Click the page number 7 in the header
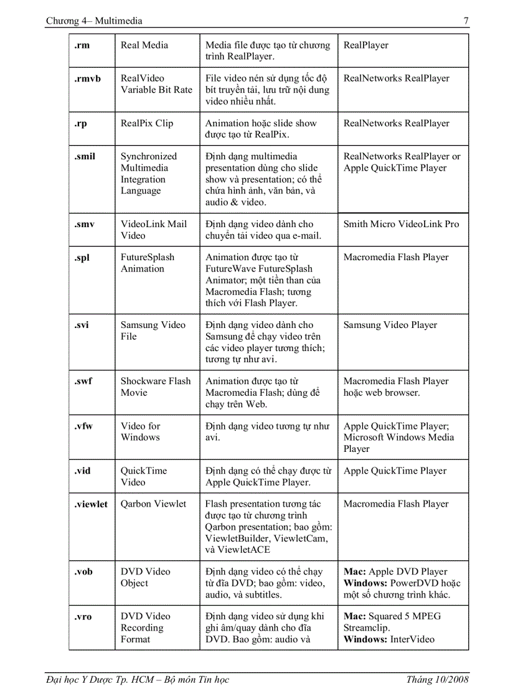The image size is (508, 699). [x=466, y=21]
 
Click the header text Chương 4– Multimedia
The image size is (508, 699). [x=94, y=21]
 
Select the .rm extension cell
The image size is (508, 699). [x=82, y=45]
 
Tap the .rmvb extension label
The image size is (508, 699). [x=87, y=78]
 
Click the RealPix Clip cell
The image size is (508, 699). [x=147, y=123]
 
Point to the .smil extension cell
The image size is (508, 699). [x=85, y=156]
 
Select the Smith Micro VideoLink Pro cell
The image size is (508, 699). [x=401, y=224]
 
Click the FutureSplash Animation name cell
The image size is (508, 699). [x=148, y=263]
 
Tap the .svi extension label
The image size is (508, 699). [x=82, y=325]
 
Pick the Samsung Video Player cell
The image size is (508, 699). [x=390, y=325]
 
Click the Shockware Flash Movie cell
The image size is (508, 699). [x=156, y=387]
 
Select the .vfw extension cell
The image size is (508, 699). [x=83, y=426]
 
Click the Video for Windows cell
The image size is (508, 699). [x=141, y=431]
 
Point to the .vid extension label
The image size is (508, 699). [x=82, y=471]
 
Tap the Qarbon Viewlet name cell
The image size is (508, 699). [x=153, y=504]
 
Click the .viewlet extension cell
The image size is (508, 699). [x=91, y=504]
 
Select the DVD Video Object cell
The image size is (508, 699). [x=145, y=577]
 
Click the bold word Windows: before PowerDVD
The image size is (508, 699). [x=365, y=583]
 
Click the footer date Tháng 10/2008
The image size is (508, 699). [x=437, y=679]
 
